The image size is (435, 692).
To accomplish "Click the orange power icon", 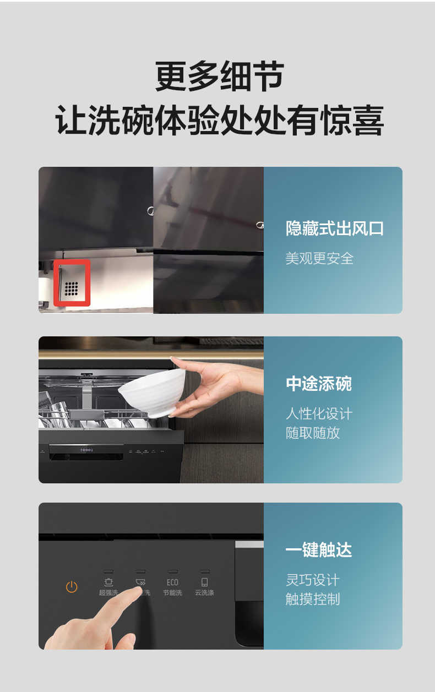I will [72, 587].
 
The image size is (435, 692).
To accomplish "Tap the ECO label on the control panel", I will [172, 582].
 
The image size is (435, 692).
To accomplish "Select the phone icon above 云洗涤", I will [204, 582].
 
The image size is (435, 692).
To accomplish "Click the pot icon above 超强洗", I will [108, 582].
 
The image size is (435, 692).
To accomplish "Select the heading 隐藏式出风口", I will [334, 228].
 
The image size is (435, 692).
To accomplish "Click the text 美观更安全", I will [319, 258].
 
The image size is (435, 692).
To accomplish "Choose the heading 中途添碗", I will [318, 384].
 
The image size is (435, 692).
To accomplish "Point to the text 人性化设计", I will [318, 413].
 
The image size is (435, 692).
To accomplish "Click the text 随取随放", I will [312, 433].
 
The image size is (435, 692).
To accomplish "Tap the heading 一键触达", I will [318, 550].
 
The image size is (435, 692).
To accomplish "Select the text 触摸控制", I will [312, 599].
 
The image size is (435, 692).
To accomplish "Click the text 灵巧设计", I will [312, 580].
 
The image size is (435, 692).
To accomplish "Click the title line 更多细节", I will [219, 77].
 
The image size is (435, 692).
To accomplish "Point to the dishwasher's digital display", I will [86, 450].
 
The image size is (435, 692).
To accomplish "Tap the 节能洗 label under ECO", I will [172, 593].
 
